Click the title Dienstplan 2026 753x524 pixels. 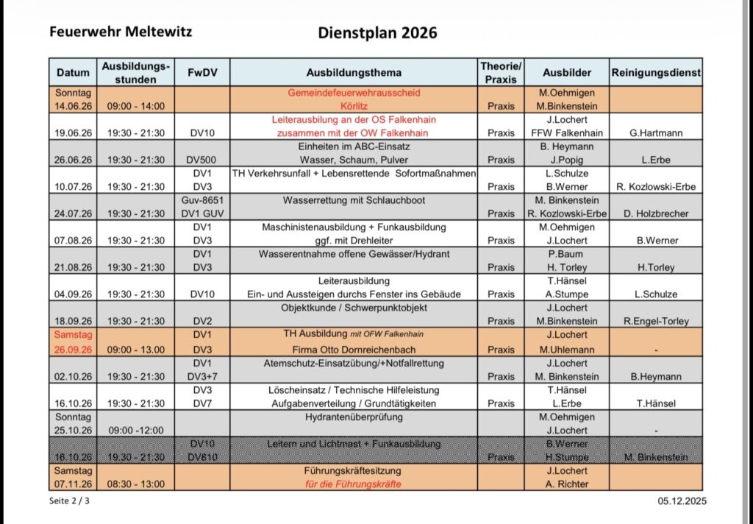377,33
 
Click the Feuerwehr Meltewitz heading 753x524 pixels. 121,32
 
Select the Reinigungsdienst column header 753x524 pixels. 655,73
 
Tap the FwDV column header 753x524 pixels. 201,73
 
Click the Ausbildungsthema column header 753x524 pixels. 353,73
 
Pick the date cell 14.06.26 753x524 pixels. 73,106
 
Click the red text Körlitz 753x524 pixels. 353,106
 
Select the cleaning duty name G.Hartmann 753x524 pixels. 655,133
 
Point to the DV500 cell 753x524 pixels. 201,160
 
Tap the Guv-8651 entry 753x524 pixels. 201,200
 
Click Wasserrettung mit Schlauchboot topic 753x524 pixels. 353,200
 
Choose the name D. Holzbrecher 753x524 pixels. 655,213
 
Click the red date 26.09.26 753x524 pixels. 73,349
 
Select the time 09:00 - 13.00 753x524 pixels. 136,349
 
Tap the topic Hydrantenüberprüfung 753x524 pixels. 353,417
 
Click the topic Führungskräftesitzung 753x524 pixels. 353,470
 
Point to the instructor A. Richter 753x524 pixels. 566,484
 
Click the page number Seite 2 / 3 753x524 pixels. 71,501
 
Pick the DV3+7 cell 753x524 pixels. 201,376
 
